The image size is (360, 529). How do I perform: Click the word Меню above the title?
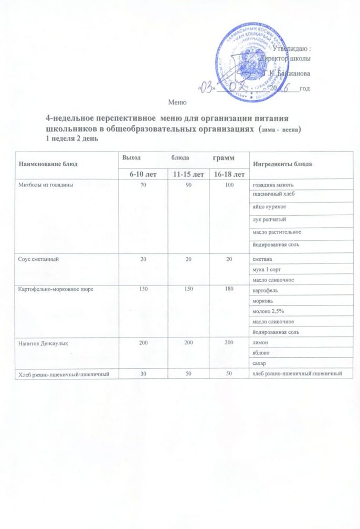click(177, 101)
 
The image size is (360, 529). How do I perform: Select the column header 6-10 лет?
click(141, 174)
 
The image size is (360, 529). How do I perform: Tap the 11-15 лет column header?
click(184, 174)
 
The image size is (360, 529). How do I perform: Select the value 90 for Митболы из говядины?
click(184, 185)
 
